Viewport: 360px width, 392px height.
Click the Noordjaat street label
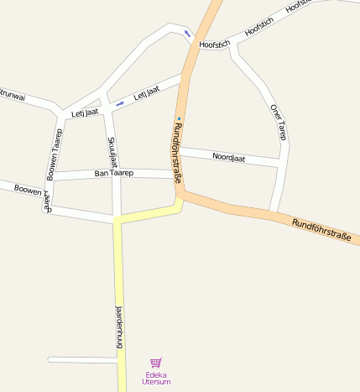point(228,157)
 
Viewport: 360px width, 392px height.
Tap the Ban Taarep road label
point(114,173)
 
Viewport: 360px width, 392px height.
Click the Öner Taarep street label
point(280,122)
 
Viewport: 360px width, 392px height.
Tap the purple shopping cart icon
point(155,363)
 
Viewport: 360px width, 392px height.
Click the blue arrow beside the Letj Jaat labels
point(120,103)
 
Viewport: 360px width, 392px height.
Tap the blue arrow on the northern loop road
point(186,33)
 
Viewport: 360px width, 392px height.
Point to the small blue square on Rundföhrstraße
point(179,119)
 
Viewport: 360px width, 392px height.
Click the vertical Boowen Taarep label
point(52,155)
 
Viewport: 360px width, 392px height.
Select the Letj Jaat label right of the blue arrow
point(146,95)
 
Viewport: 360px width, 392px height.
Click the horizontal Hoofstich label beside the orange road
point(215,44)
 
